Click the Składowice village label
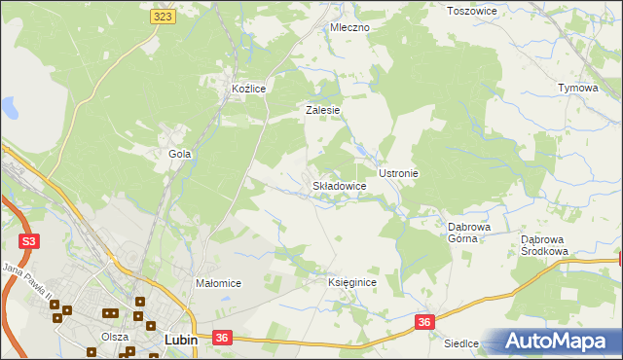[339, 185]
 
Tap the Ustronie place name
[398, 173]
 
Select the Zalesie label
[322, 111]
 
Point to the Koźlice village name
[248, 89]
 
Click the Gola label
[179, 154]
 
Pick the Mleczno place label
[349, 28]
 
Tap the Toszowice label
[471, 11]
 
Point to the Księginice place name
[351, 282]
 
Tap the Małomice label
[218, 283]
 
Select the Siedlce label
[462, 343]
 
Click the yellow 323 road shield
[163, 18]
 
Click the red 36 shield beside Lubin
[222, 338]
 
